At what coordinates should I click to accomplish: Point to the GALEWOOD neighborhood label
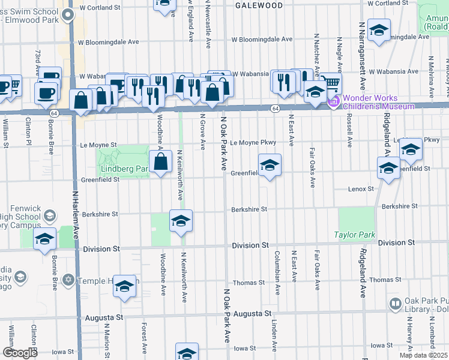(259, 5)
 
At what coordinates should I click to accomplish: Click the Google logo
(20, 353)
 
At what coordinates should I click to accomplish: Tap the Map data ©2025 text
(424, 355)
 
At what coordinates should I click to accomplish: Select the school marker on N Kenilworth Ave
(180, 222)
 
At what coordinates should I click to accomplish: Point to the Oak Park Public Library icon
(396, 305)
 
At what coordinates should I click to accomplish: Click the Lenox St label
(361, 189)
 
